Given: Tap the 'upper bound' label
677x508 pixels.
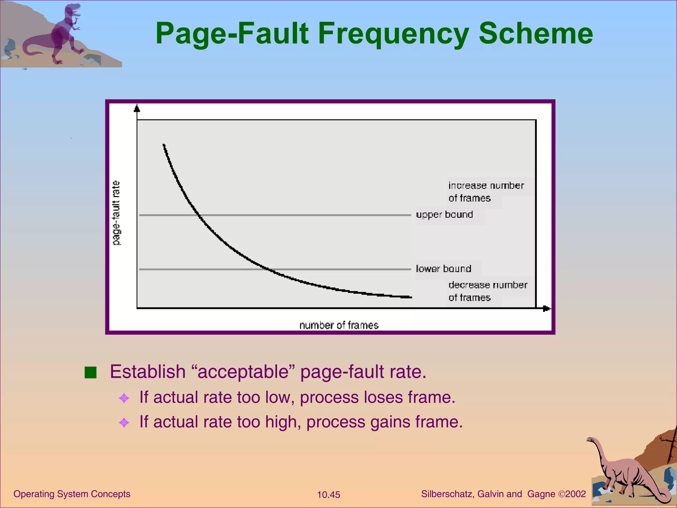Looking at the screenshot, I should pos(444,215).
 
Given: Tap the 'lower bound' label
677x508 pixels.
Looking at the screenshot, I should pos(443,269).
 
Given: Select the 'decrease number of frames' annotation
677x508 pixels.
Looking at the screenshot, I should pos(487,291).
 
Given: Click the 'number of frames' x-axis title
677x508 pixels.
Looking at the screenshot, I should pos(338,325).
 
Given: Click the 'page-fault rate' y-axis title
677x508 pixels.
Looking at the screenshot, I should pos(116,213).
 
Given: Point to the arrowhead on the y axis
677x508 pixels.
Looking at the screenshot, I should pos(137,108).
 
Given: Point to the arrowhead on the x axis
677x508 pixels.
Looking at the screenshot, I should pos(547,309).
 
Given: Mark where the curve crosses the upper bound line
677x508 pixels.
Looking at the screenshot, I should pos(199,215).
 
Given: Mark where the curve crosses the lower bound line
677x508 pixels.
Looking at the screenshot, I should pos(268,269).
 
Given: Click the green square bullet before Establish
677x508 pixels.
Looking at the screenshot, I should pos(90,372).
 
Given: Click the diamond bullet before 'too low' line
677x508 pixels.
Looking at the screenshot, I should pos(124,398).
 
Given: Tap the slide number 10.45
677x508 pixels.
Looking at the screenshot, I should pos(329,495).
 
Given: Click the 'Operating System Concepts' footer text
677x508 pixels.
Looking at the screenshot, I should pos(72,494).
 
